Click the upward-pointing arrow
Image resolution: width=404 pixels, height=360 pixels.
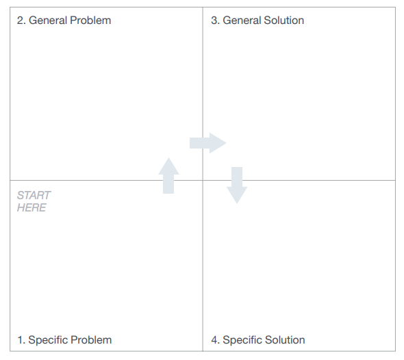pyautogui.click(x=168, y=176)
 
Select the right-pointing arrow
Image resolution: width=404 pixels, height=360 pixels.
pyautogui.click(x=208, y=143)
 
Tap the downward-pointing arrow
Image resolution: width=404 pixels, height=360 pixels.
pyautogui.click(x=237, y=185)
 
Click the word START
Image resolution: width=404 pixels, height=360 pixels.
pyautogui.click(x=34, y=196)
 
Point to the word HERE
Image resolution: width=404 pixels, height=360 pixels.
pyautogui.click(x=31, y=207)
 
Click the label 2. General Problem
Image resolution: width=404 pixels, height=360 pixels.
pyautogui.click(x=64, y=21)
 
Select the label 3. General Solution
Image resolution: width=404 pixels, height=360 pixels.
pyautogui.click(x=257, y=21)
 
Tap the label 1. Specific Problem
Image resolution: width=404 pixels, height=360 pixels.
pyautogui.click(x=64, y=340)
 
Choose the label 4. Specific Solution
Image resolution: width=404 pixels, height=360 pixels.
pyautogui.click(x=258, y=340)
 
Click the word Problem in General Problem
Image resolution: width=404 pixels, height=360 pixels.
pyautogui.click(x=90, y=21)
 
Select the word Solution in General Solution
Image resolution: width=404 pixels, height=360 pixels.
pyautogui.click(x=284, y=21)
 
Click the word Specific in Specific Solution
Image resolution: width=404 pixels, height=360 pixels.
pyautogui.click(x=241, y=340)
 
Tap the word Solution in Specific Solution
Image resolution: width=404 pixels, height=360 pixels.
pyautogui.click(x=285, y=340)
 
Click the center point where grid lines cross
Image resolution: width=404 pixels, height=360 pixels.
pyautogui.click(x=203, y=180)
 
